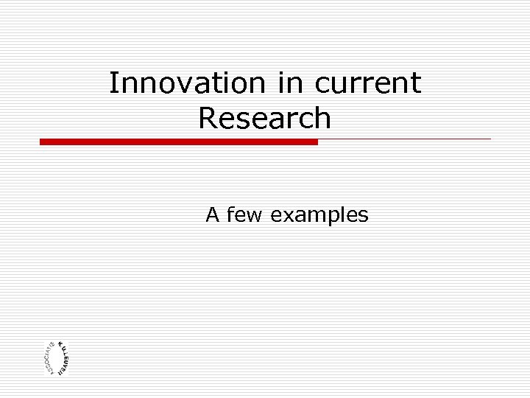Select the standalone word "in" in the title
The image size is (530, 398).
[x=291, y=83]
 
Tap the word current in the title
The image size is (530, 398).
[x=368, y=83]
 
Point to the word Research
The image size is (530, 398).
[x=265, y=118]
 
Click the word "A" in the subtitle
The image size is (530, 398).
[x=213, y=215]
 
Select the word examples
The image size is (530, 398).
[x=319, y=215]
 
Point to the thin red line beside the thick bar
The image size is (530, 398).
[x=404, y=139]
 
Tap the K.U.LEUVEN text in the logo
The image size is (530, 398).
[x=66, y=357]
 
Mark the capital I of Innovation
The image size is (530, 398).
[x=113, y=83]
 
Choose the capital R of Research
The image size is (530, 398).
[x=208, y=118]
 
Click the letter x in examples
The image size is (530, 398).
[x=286, y=215]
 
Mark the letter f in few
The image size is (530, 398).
[x=231, y=215]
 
